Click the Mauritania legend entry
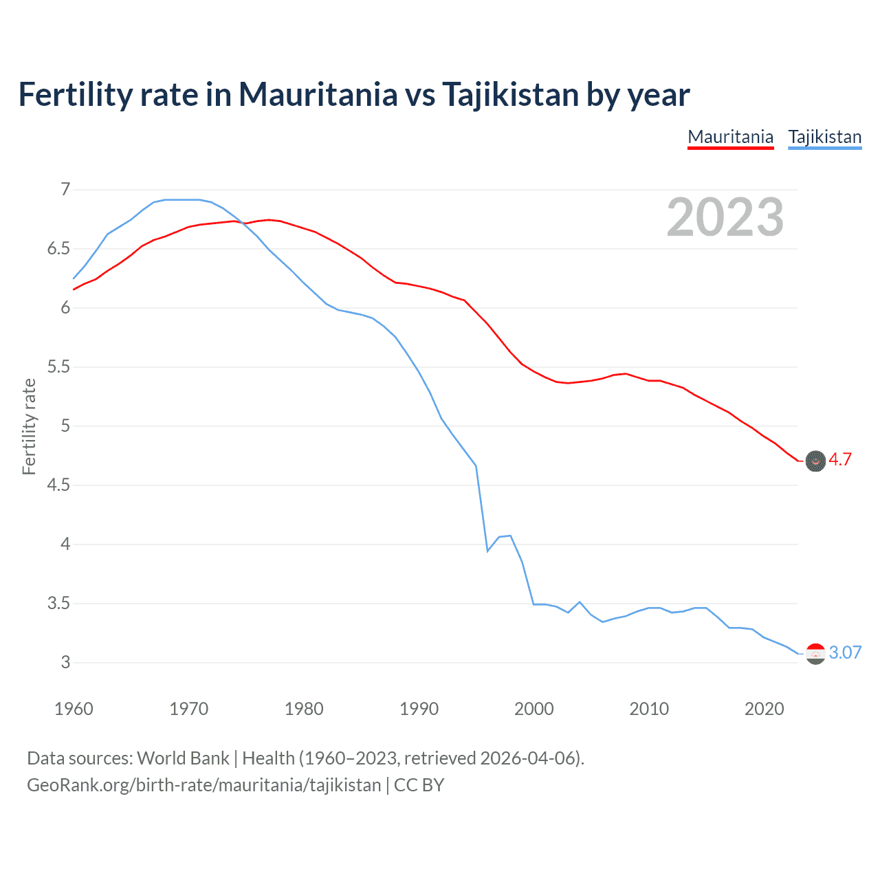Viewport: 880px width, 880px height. coord(730,137)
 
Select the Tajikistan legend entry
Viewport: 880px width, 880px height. coord(824,137)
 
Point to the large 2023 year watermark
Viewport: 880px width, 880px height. coord(725,217)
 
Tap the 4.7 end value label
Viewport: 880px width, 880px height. coord(839,460)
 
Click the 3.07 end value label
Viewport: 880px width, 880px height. coord(845,652)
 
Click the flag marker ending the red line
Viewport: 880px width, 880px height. coord(815,461)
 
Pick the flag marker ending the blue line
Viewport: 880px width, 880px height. coord(815,654)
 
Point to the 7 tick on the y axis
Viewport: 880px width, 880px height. coord(65,189)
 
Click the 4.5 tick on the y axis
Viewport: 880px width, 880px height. coord(58,485)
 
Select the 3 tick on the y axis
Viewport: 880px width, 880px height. coord(65,663)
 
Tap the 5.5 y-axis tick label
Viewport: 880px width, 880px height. coord(58,367)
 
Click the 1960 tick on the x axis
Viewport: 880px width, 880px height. coord(74,709)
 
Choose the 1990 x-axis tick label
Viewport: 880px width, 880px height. coord(419,709)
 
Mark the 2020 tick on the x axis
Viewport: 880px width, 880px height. coord(764,709)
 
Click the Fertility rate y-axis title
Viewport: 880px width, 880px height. coord(29,426)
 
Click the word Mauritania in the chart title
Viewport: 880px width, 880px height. coord(318,95)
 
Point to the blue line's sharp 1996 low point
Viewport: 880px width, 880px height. coord(487,551)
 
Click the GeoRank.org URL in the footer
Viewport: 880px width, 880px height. coord(203,784)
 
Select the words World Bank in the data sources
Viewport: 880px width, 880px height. coord(183,758)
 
